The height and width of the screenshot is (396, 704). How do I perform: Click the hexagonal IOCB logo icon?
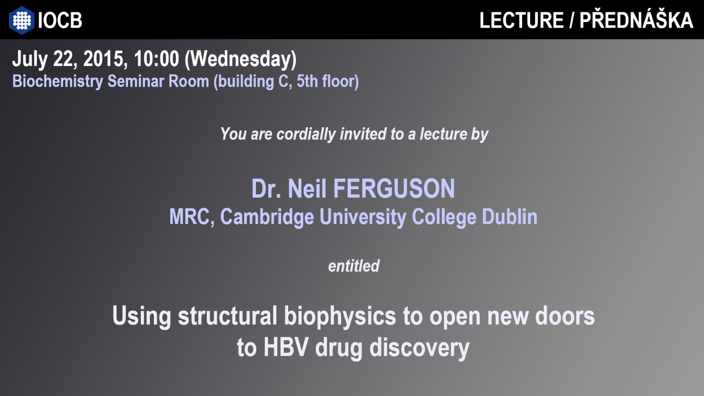[22, 20]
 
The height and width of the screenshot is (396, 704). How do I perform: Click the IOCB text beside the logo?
[60, 20]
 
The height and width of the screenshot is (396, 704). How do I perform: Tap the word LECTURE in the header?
[521, 20]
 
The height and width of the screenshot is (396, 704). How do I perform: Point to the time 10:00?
[157, 59]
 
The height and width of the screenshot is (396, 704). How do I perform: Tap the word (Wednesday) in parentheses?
[241, 59]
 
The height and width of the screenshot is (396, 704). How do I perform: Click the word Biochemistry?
[58, 81]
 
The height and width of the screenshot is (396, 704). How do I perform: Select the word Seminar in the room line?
[136, 81]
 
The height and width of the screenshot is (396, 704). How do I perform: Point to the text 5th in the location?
[307, 81]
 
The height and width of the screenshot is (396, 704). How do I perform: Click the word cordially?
[306, 134]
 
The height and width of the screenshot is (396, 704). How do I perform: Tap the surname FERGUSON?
[394, 189]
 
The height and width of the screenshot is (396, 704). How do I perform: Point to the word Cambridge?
[267, 217]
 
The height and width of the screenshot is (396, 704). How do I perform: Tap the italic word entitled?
[354, 266]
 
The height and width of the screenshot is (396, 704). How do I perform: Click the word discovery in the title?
[419, 348]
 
